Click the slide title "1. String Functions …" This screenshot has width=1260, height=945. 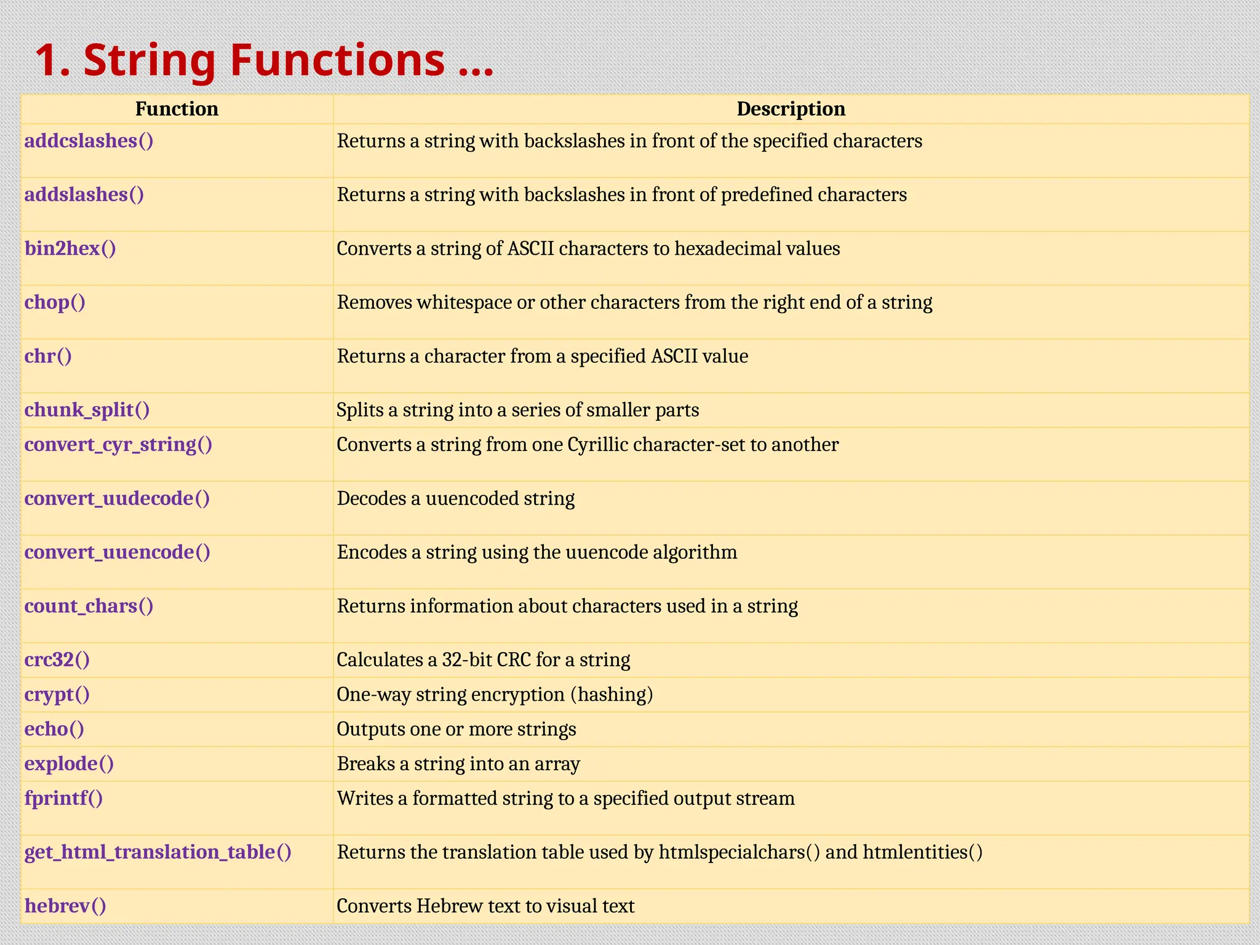coord(263,60)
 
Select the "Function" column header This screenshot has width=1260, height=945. coord(177,109)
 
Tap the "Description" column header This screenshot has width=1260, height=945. coord(791,109)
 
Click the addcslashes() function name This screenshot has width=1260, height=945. coord(89,141)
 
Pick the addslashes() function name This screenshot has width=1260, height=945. coord(84,194)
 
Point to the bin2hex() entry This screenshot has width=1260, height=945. coord(70,249)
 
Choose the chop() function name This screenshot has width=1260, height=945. coord(55,302)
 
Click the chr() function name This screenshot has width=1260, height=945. coord(48,356)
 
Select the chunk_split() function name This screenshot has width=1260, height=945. coord(87,410)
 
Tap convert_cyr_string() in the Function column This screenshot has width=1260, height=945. coord(118,444)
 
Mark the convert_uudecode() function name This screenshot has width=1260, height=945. coord(117,498)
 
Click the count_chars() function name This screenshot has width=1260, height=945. coord(89,606)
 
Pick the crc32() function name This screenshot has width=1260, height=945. coord(57,660)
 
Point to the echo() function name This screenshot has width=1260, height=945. coord(54,729)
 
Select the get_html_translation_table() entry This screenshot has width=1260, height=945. coord(158,852)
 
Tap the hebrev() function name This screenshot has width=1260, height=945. coord(65,906)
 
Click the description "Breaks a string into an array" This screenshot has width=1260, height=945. coord(458,764)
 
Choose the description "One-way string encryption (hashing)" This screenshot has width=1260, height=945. coord(495,695)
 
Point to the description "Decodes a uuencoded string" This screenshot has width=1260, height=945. coord(456,498)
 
